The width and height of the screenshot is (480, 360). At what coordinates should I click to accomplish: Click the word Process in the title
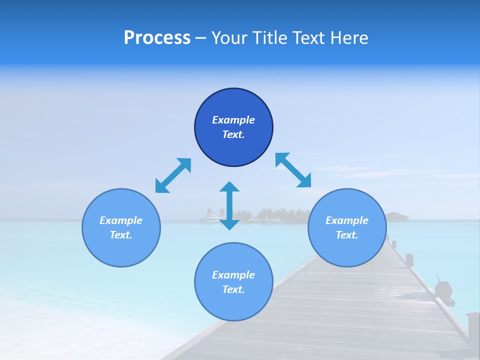coord(157,38)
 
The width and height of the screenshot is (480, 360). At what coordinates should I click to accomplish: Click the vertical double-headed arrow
coord(229,205)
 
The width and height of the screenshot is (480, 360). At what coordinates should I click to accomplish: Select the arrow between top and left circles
coord(173,175)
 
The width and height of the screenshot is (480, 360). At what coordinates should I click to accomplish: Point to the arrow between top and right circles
coord(293,170)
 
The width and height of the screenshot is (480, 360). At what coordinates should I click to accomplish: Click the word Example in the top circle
coord(233,120)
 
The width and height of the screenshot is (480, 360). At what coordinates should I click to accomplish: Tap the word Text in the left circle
coord(121,235)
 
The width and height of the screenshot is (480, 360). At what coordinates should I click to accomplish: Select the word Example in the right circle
coord(347,220)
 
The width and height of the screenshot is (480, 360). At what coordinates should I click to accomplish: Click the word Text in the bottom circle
coord(233,289)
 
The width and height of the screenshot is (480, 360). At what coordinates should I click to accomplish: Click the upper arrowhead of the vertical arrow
coord(229,187)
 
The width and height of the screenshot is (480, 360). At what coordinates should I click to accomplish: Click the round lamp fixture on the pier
coord(443,288)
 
